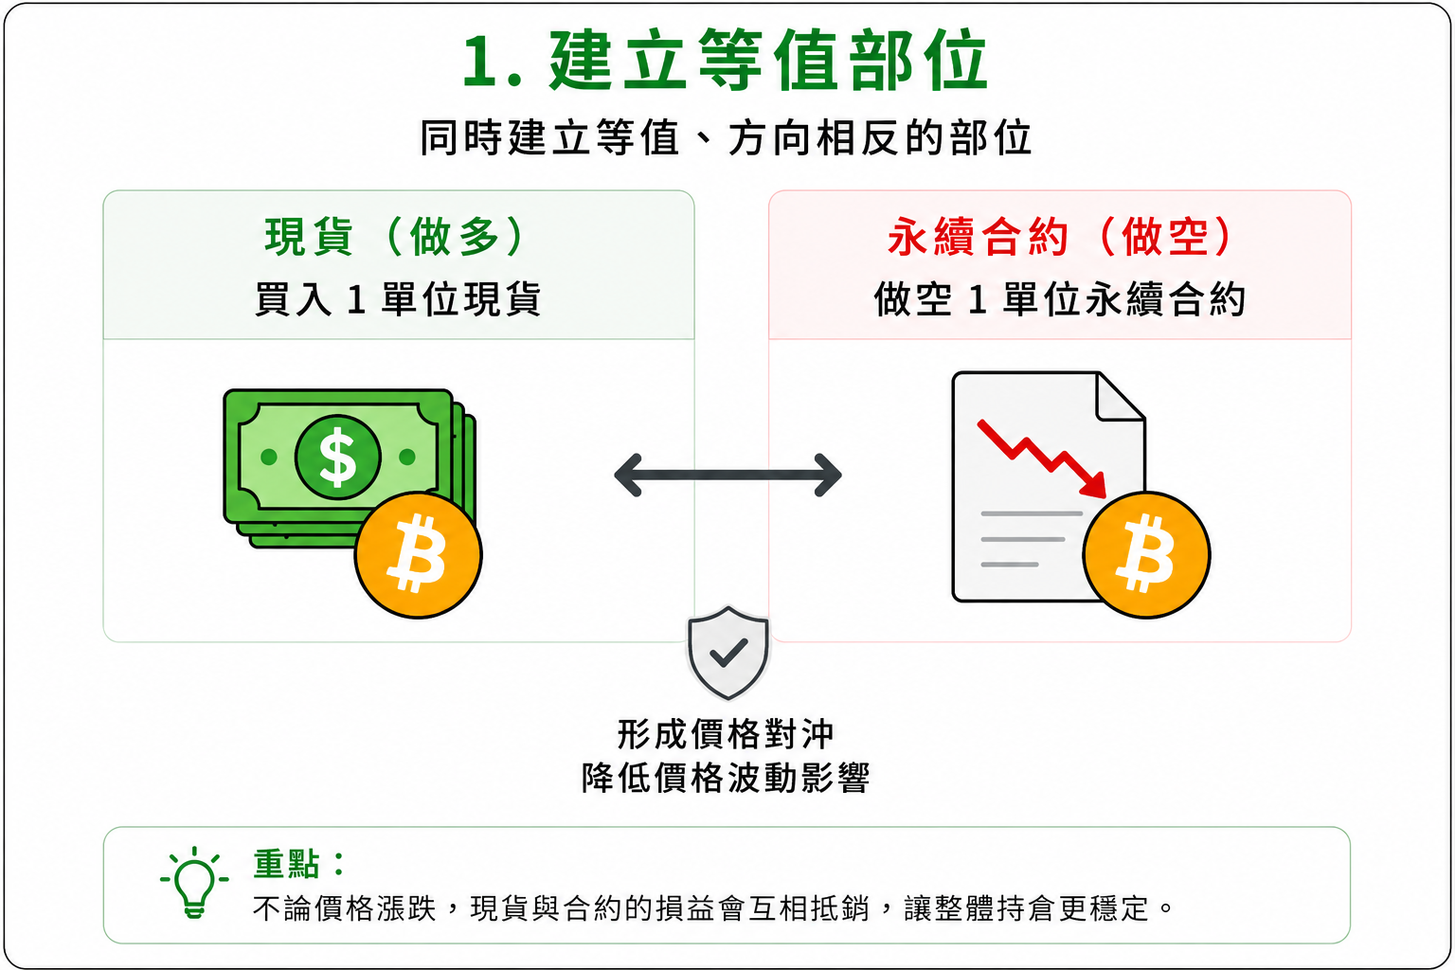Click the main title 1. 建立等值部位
click(x=726, y=60)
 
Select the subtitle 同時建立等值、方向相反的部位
click(x=726, y=137)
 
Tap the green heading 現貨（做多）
click(x=394, y=237)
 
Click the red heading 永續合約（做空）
click(x=1059, y=237)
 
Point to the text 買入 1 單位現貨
click(x=398, y=299)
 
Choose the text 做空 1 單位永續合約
click(x=1059, y=299)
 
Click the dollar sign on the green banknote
click(x=338, y=458)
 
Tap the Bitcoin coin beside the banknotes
click(x=419, y=555)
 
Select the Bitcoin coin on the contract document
click(x=1146, y=555)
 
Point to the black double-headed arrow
click(x=727, y=476)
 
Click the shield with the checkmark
click(x=728, y=654)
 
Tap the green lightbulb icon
click(x=194, y=882)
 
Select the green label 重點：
click(x=298, y=865)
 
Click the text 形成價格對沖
click(x=726, y=735)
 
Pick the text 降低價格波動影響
click(x=726, y=778)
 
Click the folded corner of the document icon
click(x=1119, y=398)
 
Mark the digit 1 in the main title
click(x=482, y=61)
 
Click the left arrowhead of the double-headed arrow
click(x=628, y=476)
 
